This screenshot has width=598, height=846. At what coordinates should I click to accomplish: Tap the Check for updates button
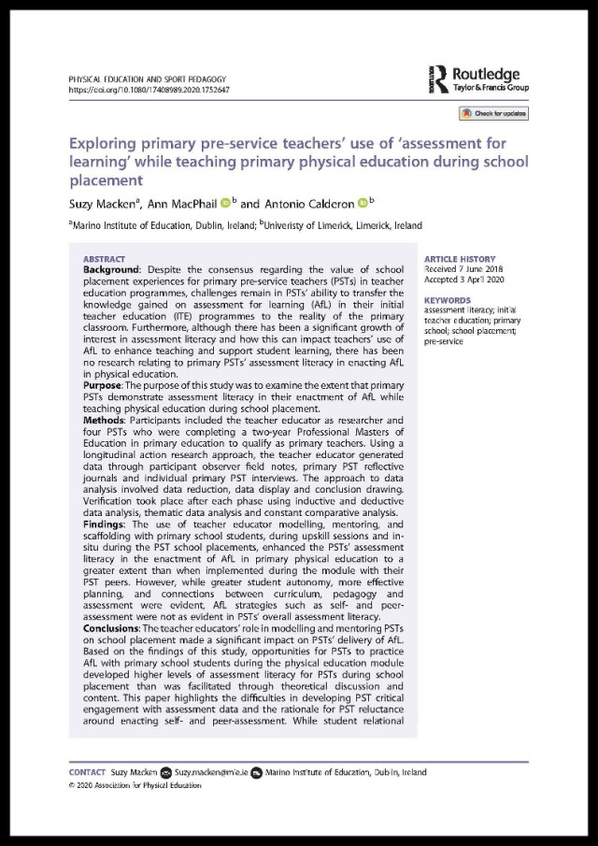coord(492,113)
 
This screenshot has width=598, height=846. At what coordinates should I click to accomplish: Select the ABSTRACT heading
coord(104,258)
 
